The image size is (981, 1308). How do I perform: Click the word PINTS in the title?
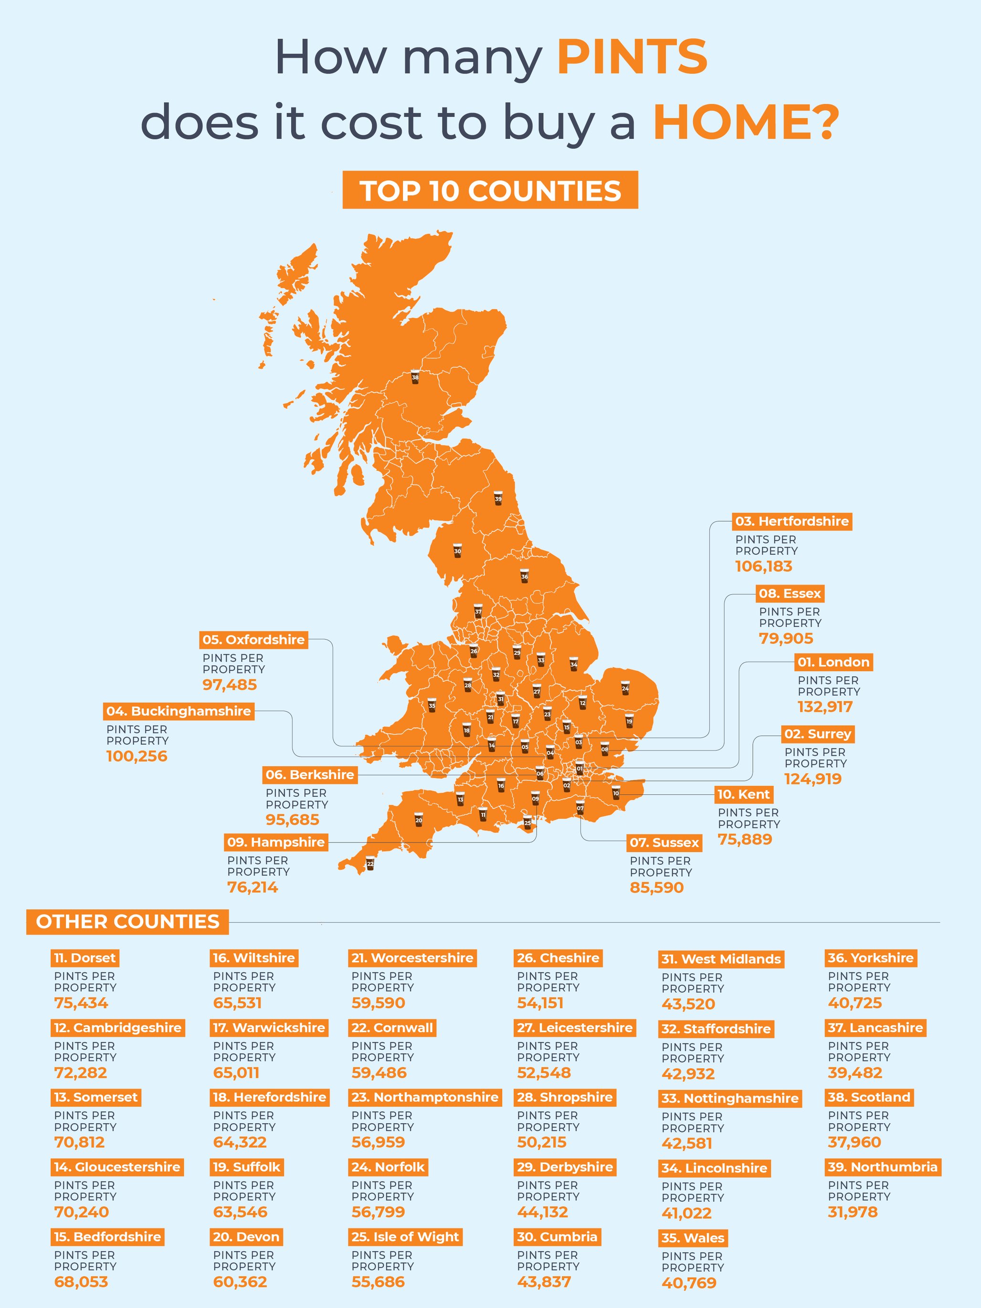pyautogui.click(x=632, y=57)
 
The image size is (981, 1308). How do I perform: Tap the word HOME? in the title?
pyautogui.click(x=746, y=122)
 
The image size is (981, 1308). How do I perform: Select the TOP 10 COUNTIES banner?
pyautogui.click(x=490, y=190)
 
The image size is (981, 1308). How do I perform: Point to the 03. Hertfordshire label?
pyautogui.click(x=792, y=522)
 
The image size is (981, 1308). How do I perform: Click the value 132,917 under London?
pyautogui.click(x=825, y=707)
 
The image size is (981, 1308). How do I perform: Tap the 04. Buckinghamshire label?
pyautogui.click(x=179, y=711)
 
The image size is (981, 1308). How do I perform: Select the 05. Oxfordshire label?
pyautogui.click(x=253, y=640)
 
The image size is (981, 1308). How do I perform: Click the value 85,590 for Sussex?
pyautogui.click(x=656, y=887)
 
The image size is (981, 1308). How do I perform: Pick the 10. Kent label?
pyautogui.click(x=743, y=795)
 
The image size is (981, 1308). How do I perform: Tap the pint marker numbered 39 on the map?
pyautogui.click(x=498, y=498)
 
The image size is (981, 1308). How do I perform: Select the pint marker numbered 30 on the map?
pyautogui.click(x=457, y=550)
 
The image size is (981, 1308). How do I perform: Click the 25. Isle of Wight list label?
pyautogui.click(x=405, y=1237)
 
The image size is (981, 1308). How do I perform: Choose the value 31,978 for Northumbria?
pyautogui.click(x=853, y=1212)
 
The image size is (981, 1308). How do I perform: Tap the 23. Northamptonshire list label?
pyautogui.click(x=424, y=1097)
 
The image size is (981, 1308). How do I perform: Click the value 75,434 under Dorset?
pyautogui.click(x=81, y=1003)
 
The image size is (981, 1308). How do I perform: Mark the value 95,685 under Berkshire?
pyautogui.click(x=292, y=820)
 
